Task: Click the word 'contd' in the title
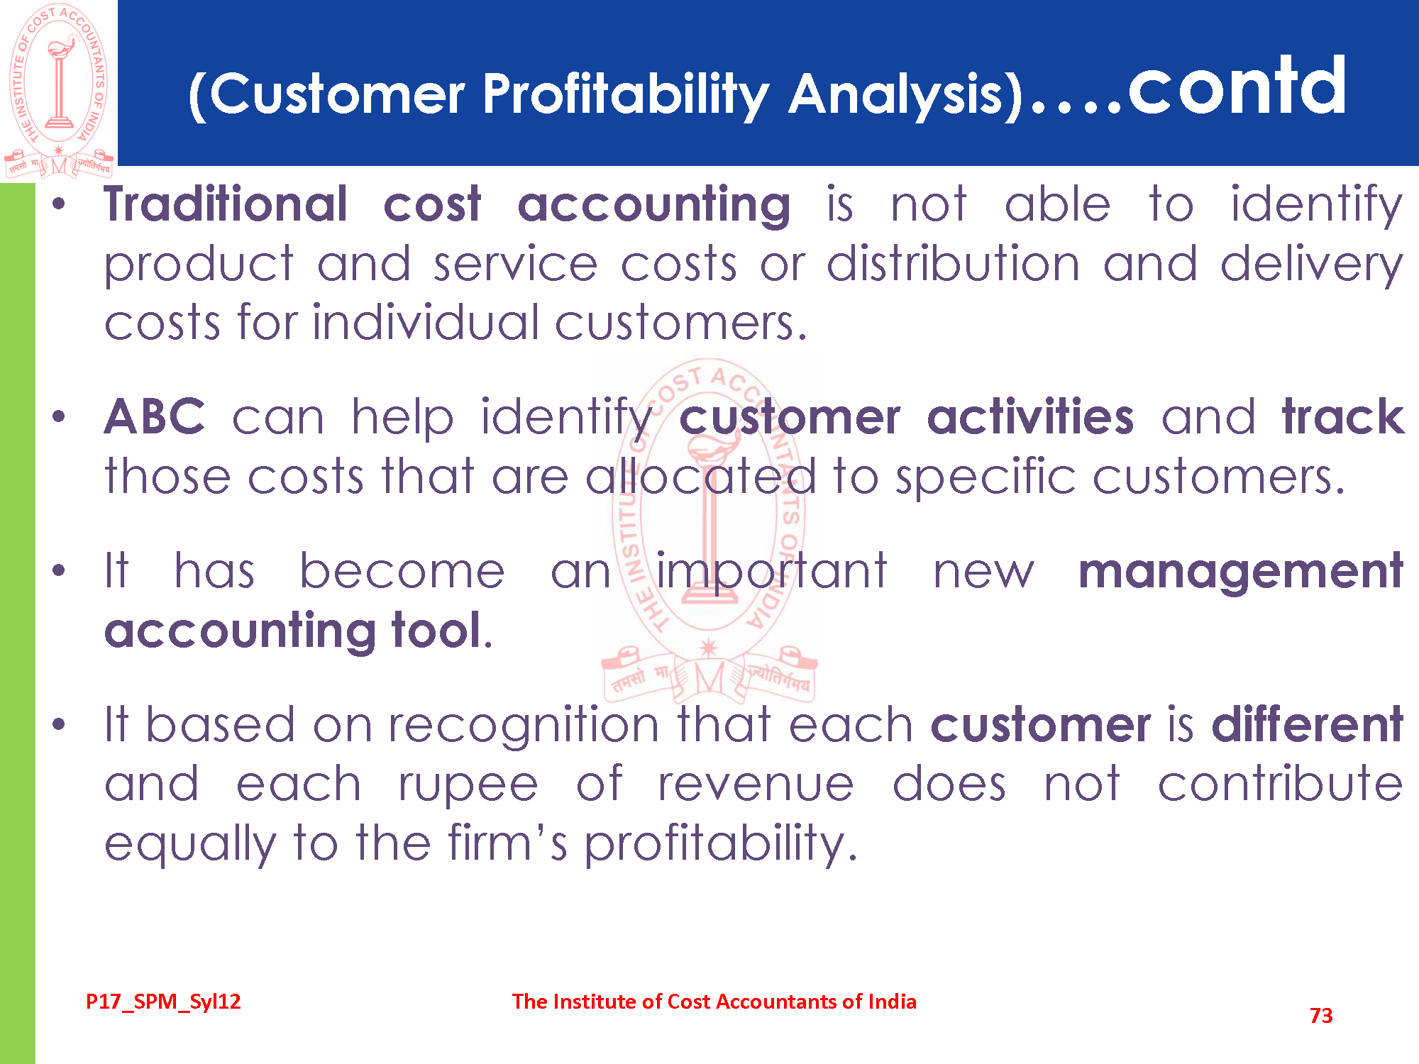(x=1237, y=86)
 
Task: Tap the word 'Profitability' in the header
(x=626, y=96)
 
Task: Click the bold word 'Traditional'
(x=226, y=204)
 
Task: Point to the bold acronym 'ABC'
(x=155, y=416)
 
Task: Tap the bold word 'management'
(x=1241, y=573)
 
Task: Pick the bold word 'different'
(x=1308, y=724)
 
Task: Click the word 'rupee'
(x=468, y=787)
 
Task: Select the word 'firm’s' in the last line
(x=507, y=843)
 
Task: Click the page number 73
(x=1321, y=1016)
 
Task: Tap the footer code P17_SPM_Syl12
(x=163, y=1002)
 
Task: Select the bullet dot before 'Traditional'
(x=59, y=204)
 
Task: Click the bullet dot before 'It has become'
(x=59, y=570)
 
